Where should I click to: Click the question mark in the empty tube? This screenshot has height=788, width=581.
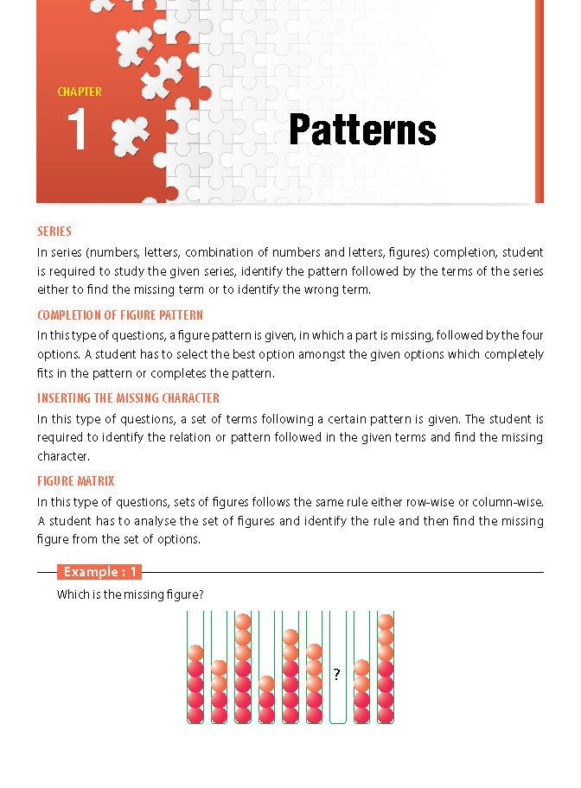pos(336,675)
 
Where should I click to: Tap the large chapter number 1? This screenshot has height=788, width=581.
pos(77,131)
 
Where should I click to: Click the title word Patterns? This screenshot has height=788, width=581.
pos(362,130)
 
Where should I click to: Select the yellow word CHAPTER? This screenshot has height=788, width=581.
pos(80,92)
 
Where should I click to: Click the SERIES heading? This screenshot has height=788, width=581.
pos(54,232)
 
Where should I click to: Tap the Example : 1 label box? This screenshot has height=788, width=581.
pos(99,572)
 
